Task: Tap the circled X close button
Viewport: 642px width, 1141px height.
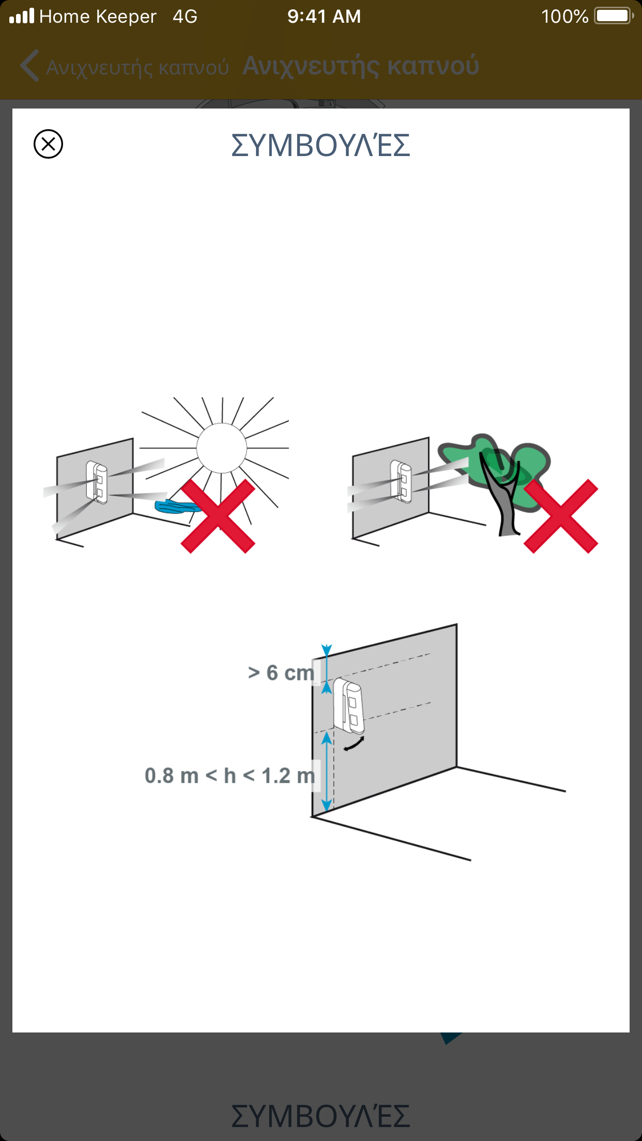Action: (48, 144)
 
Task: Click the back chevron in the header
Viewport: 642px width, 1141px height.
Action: (29, 66)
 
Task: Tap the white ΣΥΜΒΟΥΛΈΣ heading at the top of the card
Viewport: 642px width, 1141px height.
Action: (320, 145)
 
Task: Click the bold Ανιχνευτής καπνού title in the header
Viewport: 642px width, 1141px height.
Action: (361, 66)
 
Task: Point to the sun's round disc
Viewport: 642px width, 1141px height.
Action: (221, 448)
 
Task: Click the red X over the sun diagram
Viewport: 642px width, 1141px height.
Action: (218, 516)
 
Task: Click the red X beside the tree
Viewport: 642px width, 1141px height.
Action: (561, 516)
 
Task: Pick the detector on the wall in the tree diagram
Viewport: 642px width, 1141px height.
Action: (401, 482)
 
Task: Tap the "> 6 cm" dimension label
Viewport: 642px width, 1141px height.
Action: (281, 673)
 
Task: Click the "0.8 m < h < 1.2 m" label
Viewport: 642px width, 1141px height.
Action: (230, 776)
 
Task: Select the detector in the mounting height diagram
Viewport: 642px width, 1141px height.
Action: (349, 706)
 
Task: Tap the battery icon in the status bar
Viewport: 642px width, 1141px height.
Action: (614, 16)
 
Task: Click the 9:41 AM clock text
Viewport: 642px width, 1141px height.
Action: (324, 17)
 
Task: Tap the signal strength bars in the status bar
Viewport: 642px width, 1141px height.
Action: (22, 16)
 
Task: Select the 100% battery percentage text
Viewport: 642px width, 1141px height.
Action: (564, 17)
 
